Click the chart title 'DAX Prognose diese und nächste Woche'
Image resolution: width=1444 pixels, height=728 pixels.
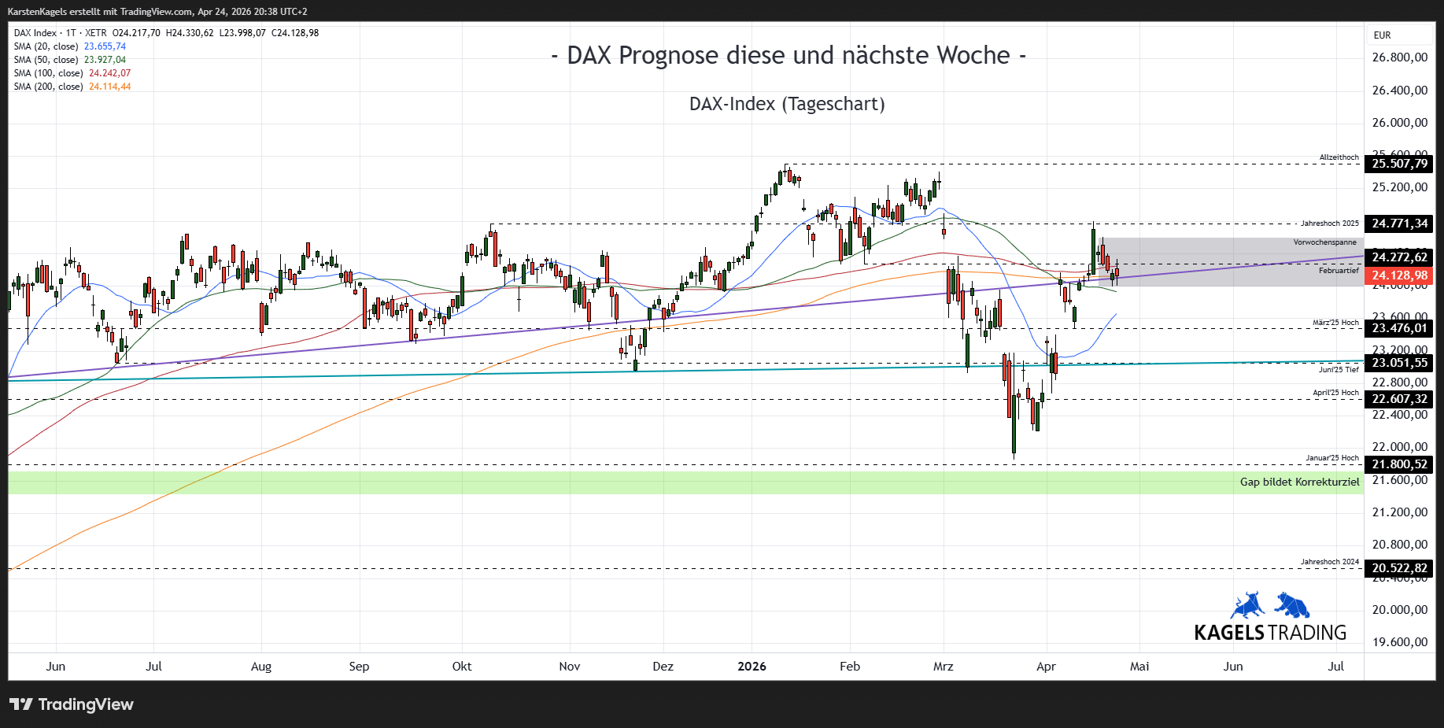pos(788,56)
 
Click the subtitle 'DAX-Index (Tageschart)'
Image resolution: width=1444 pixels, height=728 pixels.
pos(787,104)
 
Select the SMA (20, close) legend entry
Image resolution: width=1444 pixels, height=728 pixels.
pos(69,46)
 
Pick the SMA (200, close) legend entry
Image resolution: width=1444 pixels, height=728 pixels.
pos(72,87)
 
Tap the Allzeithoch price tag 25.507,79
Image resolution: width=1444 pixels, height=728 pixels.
pos(1399,164)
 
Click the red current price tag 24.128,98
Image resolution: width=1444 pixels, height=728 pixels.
pos(1399,275)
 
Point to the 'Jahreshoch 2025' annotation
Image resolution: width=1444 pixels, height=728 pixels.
pos(1329,224)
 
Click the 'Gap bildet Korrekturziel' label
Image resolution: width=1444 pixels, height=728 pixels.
pos(1299,482)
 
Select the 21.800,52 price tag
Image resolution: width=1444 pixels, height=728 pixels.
pos(1399,464)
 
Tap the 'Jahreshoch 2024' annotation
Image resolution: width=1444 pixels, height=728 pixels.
pos(1329,562)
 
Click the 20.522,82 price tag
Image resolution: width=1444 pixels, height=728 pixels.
pos(1399,568)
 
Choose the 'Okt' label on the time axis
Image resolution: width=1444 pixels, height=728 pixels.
pos(462,667)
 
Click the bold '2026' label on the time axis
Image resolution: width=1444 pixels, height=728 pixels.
pos(752,667)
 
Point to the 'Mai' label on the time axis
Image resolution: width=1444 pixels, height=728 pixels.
pos(1139,667)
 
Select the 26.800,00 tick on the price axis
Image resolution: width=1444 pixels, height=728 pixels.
pos(1399,57)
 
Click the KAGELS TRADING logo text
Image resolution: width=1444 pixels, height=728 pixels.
pos(1270,633)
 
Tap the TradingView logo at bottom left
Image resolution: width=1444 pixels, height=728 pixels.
pos(72,704)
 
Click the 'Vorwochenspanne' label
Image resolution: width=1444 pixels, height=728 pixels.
pos(1324,242)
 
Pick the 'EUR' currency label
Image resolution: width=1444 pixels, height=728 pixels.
pos(1382,35)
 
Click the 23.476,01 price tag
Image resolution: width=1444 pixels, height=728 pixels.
pos(1399,328)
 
